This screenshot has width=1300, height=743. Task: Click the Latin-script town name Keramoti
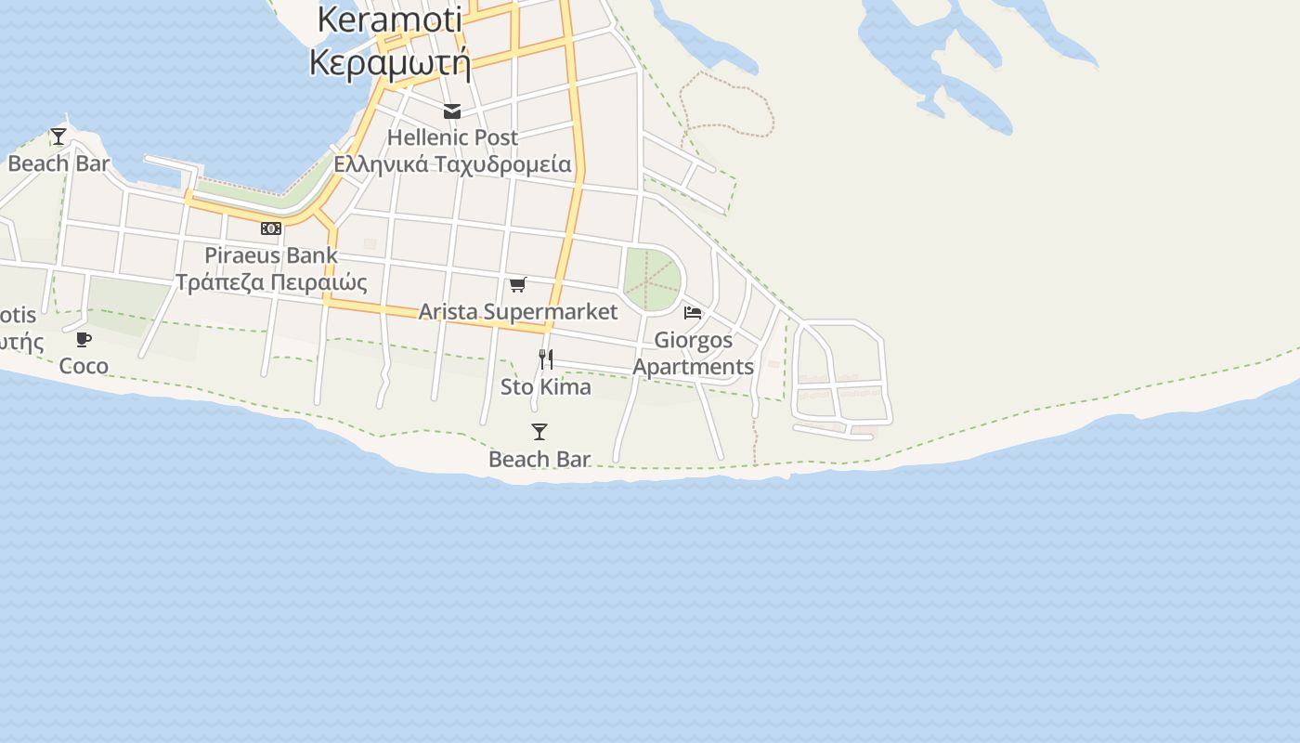[391, 20]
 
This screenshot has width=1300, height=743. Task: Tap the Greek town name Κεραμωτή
[390, 63]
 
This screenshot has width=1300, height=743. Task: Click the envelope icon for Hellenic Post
[452, 112]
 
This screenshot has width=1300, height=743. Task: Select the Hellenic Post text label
[452, 137]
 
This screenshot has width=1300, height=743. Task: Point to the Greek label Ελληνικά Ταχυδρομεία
[452, 164]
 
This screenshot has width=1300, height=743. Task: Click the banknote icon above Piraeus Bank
[270, 228]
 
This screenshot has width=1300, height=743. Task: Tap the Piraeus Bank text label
[271, 254]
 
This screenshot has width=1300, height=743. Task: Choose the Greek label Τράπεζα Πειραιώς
[271, 282]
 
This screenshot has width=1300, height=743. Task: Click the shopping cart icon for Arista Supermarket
[518, 284]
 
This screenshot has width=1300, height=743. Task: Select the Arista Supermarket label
[518, 311]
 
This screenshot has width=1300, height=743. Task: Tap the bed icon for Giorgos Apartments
[693, 313]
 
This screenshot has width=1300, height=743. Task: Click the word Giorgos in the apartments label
[693, 340]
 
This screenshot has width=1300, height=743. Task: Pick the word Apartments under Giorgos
[693, 367]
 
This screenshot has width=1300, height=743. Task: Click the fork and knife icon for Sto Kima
[546, 358]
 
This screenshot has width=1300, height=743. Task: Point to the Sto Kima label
[546, 386]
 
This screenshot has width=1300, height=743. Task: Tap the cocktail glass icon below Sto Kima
[539, 432]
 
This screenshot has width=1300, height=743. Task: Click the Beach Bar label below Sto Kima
[539, 459]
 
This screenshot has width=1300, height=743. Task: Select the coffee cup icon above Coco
[84, 339]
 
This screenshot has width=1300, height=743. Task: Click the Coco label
[84, 366]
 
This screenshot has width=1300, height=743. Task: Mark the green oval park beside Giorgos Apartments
[652, 279]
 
